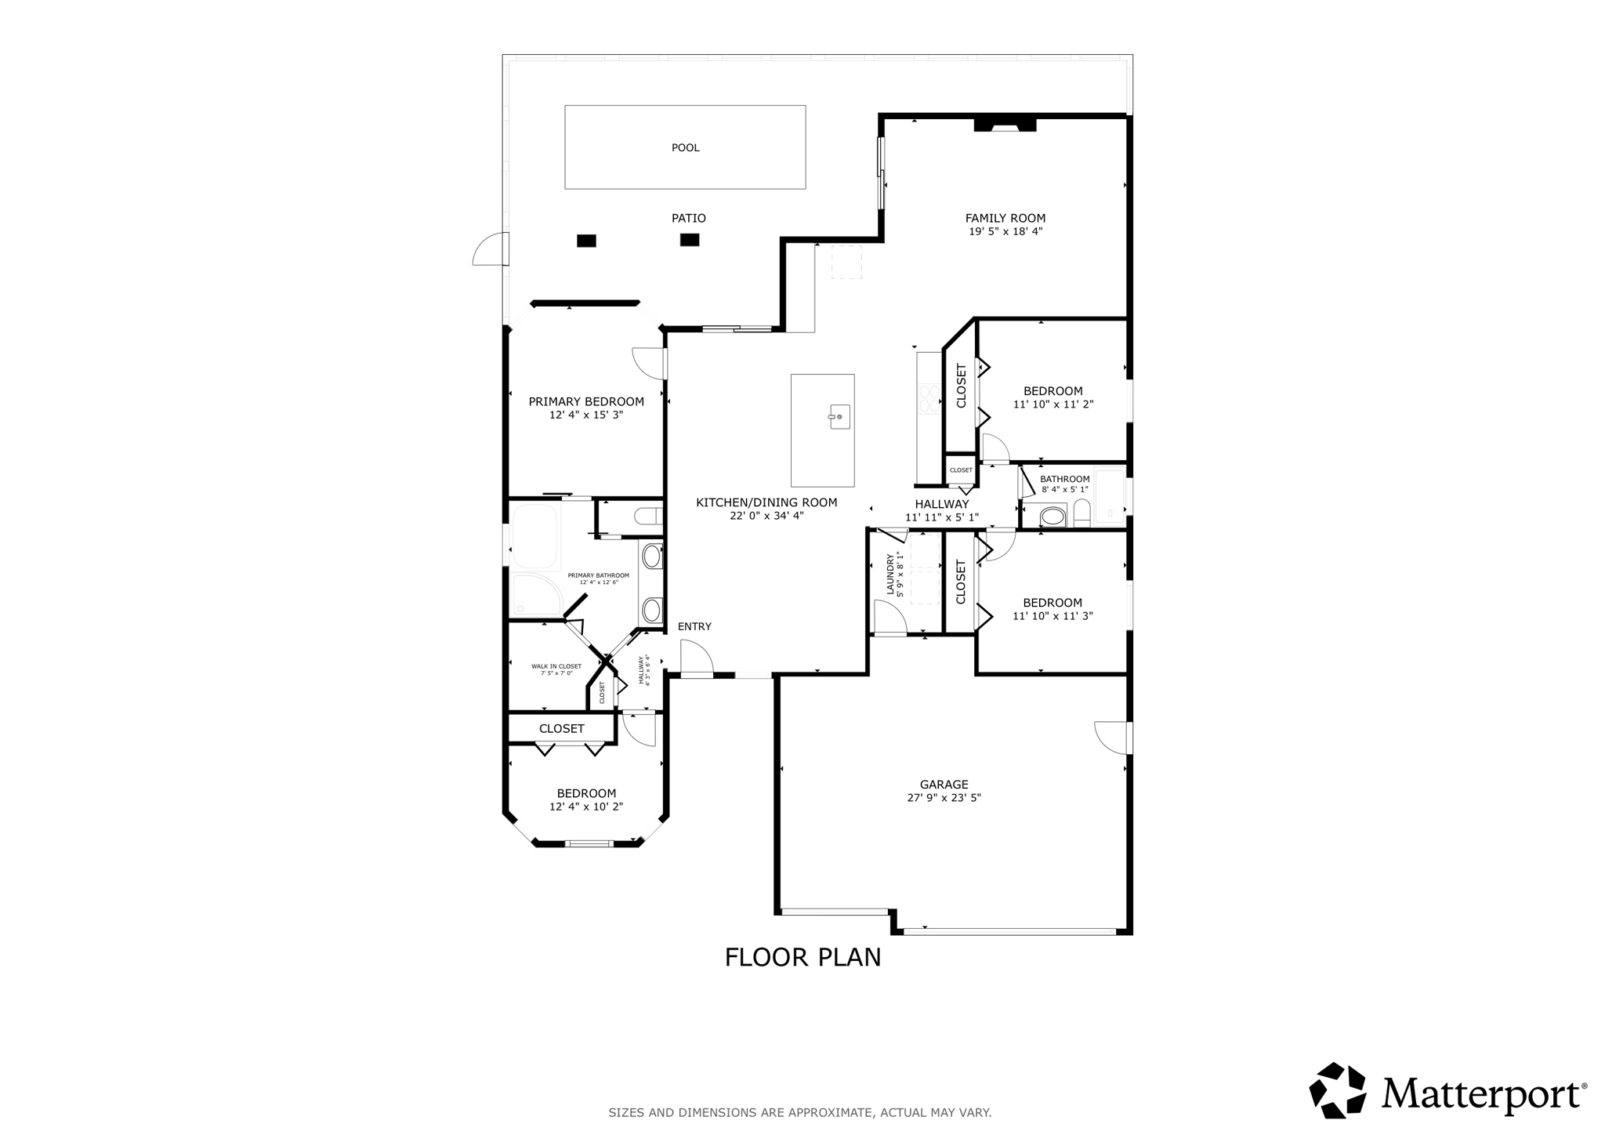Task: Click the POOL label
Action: click(685, 147)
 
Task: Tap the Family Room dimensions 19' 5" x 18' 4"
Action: click(1005, 232)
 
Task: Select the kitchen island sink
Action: click(839, 416)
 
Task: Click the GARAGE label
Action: click(944, 784)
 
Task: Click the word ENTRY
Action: click(694, 626)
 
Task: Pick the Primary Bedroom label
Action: click(586, 401)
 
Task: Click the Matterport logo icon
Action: click(1337, 1090)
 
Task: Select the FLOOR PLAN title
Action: click(802, 957)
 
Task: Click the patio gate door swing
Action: click(489, 250)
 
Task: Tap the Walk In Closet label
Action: click(556, 666)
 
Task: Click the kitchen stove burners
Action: click(929, 398)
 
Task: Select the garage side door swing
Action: click(1110, 738)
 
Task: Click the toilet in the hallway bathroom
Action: click(1081, 513)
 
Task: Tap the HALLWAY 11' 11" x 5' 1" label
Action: click(942, 510)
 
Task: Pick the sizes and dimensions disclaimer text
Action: click(799, 1112)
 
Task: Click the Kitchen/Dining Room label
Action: click(766, 502)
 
